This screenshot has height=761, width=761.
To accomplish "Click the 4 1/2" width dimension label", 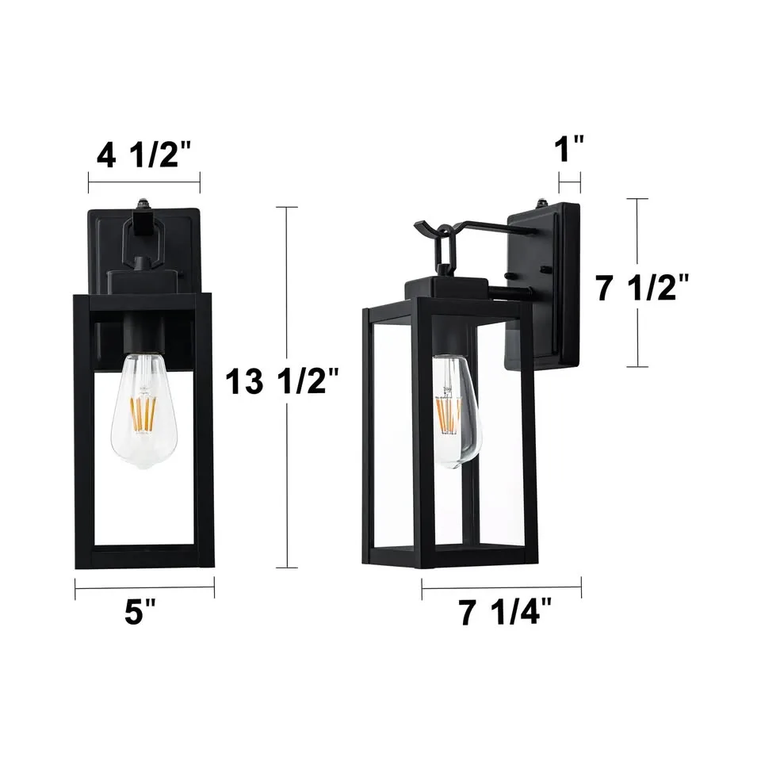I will coord(143,156).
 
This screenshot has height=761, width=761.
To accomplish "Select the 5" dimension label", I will coord(144,614).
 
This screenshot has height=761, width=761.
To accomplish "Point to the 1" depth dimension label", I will coord(569,148).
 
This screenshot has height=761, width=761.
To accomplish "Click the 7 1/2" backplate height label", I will coord(642,288).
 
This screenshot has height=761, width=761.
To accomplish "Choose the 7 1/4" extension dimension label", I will coord(505,614).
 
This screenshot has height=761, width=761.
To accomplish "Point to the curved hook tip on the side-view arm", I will coord(420,228).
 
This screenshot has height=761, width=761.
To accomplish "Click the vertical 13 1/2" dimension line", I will coord(286,476).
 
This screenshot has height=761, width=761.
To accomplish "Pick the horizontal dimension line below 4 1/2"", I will coord(143,182).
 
